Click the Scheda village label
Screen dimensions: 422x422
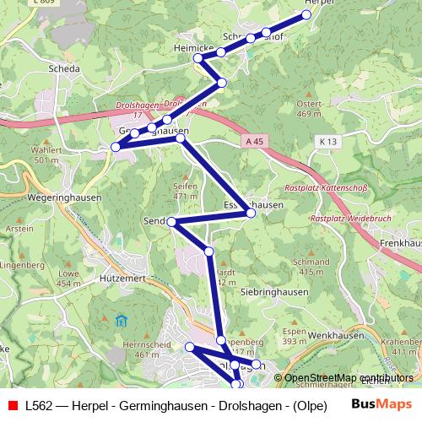65,69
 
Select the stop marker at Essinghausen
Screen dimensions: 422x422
251,214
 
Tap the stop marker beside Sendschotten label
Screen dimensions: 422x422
171,222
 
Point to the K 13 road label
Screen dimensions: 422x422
327,140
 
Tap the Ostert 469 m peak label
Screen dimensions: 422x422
310,108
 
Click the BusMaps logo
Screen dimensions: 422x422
383,405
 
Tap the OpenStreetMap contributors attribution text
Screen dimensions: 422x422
348,379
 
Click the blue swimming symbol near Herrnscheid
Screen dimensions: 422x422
120,321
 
